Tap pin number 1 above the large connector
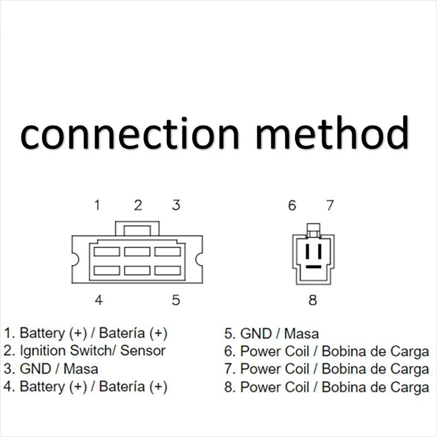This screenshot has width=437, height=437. pyautogui.click(x=98, y=205)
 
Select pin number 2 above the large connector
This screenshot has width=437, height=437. pyautogui.click(x=138, y=205)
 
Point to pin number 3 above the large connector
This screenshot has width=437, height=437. pyautogui.click(x=176, y=205)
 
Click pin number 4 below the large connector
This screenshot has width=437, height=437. pyautogui.click(x=99, y=300)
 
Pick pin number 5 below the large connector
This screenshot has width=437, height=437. pyautogui.click(x=176, y=300)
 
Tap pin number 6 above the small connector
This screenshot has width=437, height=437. pyautogui.click(x=292, y=205)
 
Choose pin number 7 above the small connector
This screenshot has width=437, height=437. pyautogui.click(x=329, y=205)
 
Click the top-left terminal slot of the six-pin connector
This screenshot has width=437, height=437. pyautogui.click(x=107, y=251)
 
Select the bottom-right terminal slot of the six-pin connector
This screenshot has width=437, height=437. pyautogui.click(x=168, y=271)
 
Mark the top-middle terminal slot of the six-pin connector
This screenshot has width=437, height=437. pyautogui.click(x=137, y=251)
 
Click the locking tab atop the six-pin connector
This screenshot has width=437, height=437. pyautogui.click(x=137, y=229)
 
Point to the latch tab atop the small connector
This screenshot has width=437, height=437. pyautogui.click(x=313, y=228)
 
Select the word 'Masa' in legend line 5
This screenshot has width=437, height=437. pyautogui.click(x=301, y=334)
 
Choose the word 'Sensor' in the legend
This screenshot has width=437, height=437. pyautogui.click(x=143, y=351)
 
